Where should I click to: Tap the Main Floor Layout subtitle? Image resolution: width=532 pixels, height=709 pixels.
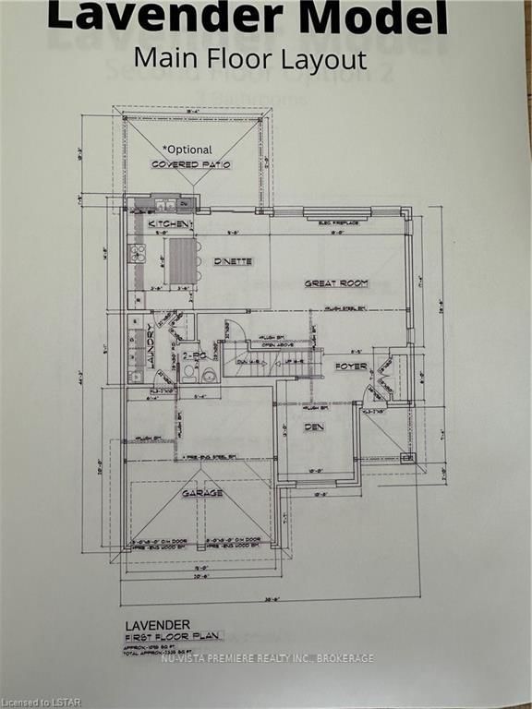point(249,58)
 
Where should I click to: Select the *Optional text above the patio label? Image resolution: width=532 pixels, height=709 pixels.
point(187,149)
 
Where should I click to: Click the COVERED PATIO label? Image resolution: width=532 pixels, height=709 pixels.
point(191,164)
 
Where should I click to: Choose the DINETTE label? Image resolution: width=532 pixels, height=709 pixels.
point(233,261)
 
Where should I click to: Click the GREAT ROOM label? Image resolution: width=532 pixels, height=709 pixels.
point(336,282)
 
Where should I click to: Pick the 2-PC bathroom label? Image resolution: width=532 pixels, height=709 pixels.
point(193,354)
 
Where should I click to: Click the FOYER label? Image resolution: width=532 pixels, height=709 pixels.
point(351,367)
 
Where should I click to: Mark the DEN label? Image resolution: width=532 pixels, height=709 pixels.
point(314,427)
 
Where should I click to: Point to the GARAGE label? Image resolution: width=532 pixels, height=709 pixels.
point(201,493)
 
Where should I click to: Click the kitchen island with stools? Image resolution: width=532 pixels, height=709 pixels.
point(184,262)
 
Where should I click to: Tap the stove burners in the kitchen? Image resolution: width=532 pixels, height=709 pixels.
point(138,252)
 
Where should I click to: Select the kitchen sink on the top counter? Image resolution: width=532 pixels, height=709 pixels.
point(165,205)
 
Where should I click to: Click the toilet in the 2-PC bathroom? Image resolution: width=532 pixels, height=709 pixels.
point(190,374)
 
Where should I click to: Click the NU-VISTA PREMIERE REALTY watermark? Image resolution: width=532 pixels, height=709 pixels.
point(268,658)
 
